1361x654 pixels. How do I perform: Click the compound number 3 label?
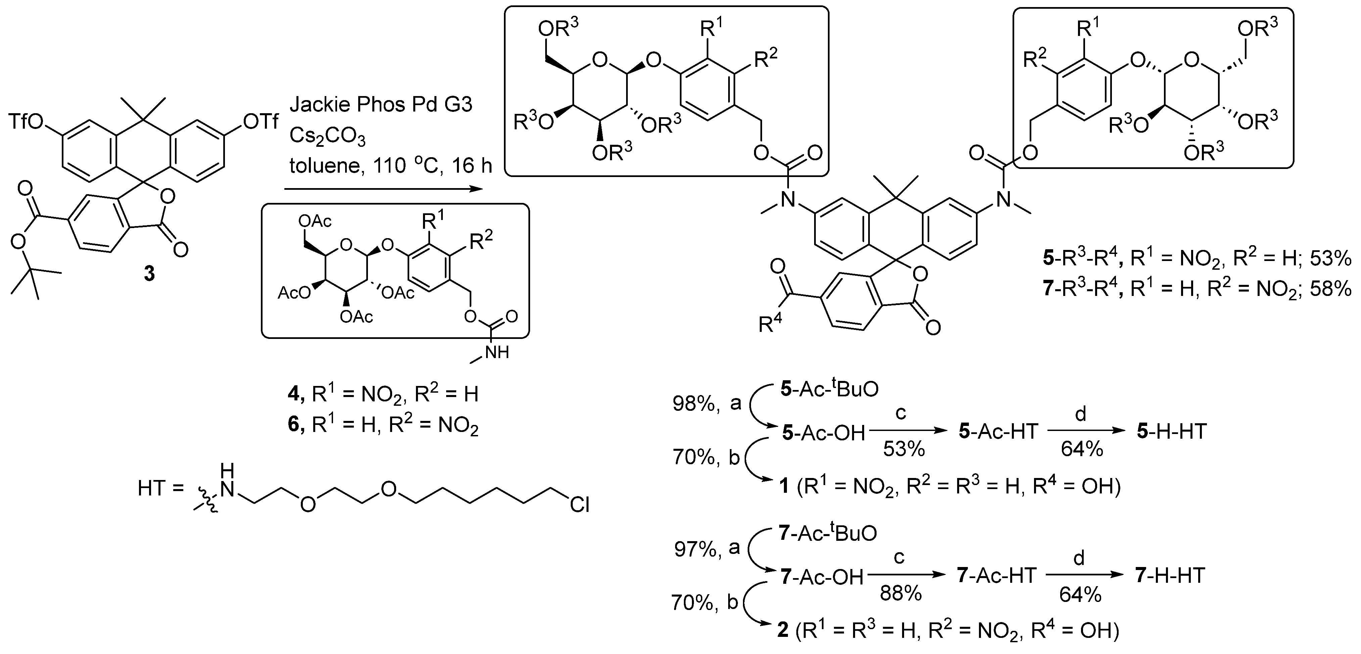[x=149, y=273]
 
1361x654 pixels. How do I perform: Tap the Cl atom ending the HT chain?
[x=579, y=505]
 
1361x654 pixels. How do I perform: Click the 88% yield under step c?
[x=900, y=594]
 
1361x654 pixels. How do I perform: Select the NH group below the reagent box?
[x=496, y=352]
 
